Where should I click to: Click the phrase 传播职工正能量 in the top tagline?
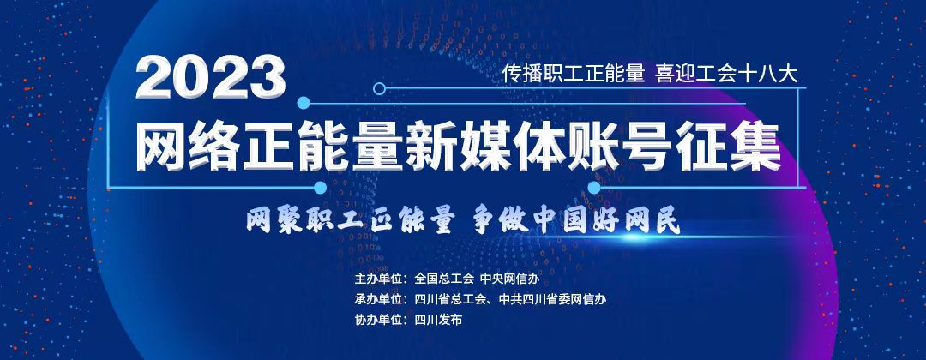click(574, 73)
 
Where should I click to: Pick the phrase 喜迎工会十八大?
click(726, 73)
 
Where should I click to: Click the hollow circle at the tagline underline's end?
click(380, 88)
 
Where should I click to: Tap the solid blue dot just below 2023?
click(304, 103)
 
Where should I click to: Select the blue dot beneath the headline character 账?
click(594, 188)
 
